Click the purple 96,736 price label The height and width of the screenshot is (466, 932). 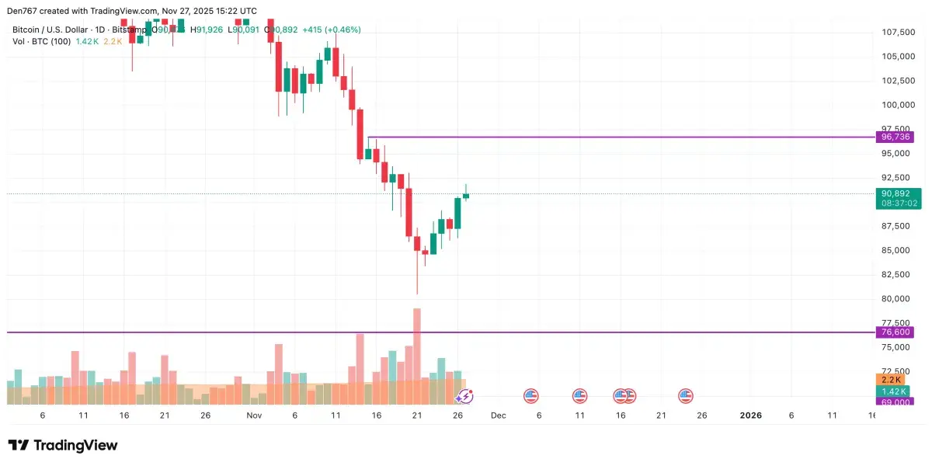[x=894, y=137]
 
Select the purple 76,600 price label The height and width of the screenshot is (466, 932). [x=894, y=332]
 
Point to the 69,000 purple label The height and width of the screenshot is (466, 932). [x=894, y=401]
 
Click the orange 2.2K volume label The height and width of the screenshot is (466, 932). [x=889, y=380]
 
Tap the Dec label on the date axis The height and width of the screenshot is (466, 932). [x=498, y=416]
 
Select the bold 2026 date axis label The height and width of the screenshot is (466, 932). [x=750, y=416]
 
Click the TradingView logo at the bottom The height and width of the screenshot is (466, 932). [x=63, y=445]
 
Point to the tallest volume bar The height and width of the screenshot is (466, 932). [x=417, y=353]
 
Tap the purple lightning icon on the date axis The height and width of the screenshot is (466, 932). [x=464, y=396]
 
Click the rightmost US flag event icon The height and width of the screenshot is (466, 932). [x=686, y=396]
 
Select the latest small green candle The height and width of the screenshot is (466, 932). [x=466, y=196]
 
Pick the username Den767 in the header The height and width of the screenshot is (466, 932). [x=24, y=10]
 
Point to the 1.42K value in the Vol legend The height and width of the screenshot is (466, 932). [x=87, y=41]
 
